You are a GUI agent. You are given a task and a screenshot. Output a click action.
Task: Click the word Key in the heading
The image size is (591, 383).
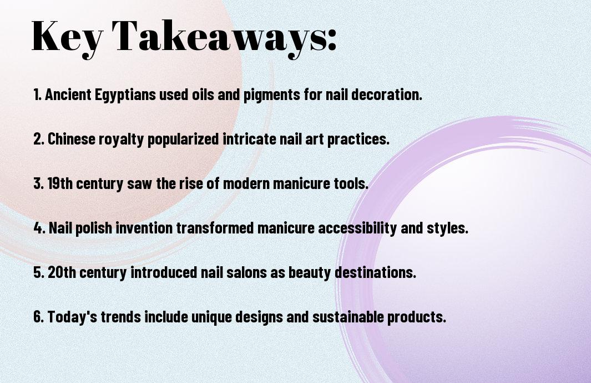coord(66,37)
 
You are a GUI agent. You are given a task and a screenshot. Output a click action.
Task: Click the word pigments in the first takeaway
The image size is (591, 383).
coord(270,95)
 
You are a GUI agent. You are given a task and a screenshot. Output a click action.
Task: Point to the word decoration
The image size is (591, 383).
coord(386,95)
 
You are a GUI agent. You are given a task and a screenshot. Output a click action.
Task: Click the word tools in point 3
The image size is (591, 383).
coord(353,184)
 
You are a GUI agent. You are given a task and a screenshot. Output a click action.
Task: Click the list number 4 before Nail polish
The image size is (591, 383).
coord(38,228)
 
